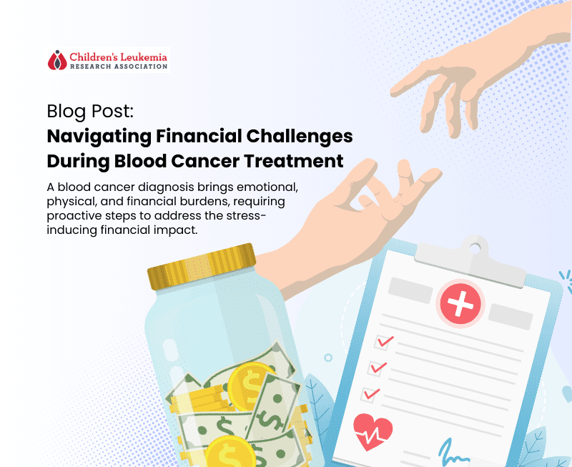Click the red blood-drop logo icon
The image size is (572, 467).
(57, 59)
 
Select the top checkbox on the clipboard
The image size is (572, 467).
(384, 342)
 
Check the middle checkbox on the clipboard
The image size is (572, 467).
(377, 368)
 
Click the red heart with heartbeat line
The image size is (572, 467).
(373, 431)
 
